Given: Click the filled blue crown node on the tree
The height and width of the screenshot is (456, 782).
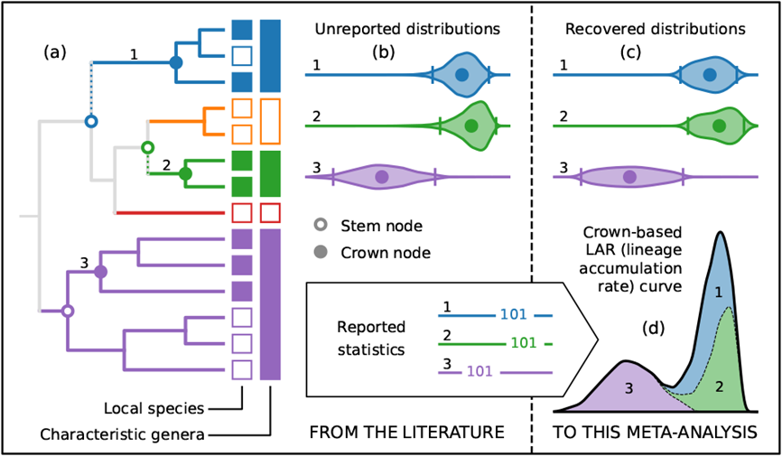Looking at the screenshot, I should coord(177,62).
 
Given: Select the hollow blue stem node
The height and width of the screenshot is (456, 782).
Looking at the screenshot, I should coord(90,120).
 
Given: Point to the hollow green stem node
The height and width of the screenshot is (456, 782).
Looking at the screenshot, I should coord(148,146).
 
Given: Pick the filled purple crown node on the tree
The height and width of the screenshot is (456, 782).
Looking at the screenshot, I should coord(101,271).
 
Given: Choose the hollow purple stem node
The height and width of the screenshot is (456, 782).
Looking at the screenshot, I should coord(66,312).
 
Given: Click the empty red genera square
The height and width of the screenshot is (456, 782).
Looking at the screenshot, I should coord(269,213).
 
